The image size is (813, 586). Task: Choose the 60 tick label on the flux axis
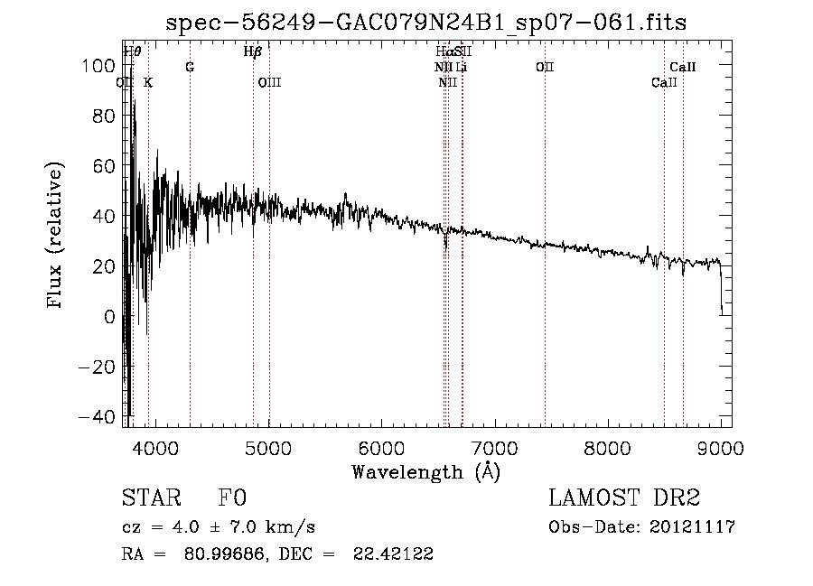coord(106,166)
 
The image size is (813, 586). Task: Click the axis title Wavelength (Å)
coord(425,471)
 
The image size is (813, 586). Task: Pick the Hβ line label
coord(253,51)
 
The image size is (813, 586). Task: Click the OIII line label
coord(269,83)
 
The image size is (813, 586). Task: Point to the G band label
coord(190,68)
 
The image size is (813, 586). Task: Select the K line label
coord(148,83)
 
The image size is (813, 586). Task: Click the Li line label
coord(461,68)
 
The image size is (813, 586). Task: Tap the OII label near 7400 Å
coord(544,68)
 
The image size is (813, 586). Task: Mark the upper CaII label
coord(682,68)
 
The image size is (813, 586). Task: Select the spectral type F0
coord(231,499)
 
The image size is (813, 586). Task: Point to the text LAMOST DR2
coord(624,498)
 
